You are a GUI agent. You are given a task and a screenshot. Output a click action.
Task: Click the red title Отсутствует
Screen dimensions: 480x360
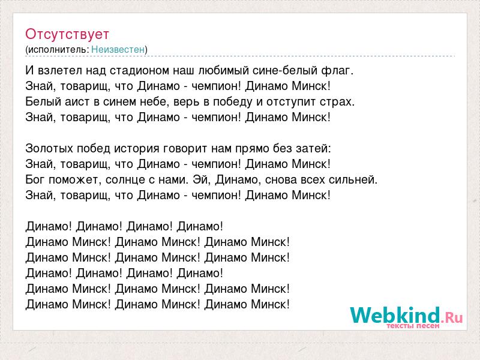67,34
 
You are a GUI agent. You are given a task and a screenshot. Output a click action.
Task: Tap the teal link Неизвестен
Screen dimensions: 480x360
118,49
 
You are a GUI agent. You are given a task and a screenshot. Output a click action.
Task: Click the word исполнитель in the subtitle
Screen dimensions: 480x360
58,49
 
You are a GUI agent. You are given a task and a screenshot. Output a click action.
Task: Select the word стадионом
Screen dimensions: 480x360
139,71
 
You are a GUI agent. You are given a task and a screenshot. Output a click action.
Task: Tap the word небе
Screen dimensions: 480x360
155,101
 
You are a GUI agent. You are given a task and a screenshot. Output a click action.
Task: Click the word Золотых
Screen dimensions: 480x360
49,148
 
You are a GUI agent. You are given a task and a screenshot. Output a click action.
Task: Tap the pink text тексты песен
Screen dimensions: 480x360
413,326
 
